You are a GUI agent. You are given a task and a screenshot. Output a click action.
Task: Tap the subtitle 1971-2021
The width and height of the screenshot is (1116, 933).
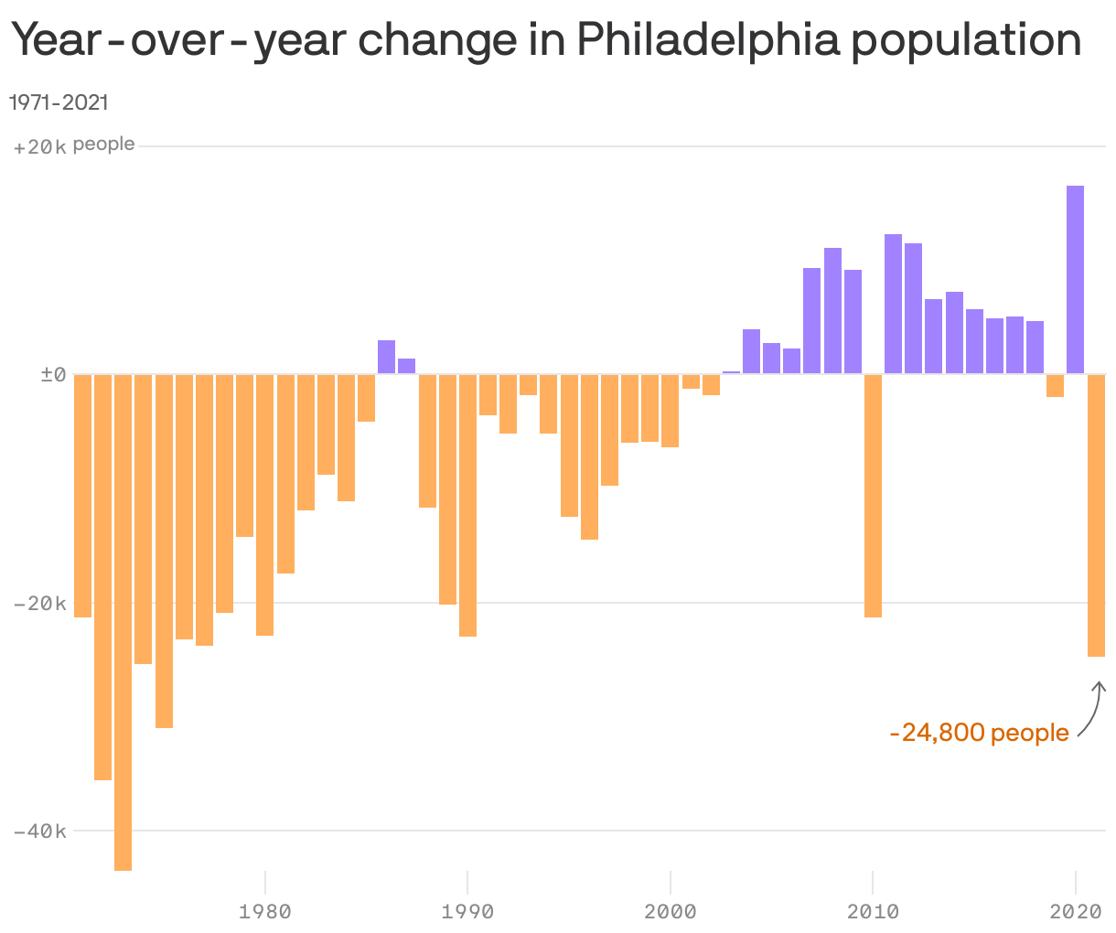[59, 102]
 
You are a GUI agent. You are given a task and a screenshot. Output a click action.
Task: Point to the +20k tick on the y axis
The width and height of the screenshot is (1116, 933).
[40, 146]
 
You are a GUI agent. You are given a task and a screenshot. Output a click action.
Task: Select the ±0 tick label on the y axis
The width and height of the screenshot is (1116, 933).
[53, 375]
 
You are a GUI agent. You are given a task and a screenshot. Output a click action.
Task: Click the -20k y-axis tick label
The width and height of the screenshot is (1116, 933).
[40, 604]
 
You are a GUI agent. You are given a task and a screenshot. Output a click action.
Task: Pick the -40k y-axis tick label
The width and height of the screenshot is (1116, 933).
[40, 831]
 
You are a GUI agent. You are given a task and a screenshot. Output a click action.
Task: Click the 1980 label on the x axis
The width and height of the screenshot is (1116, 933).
[264, 911]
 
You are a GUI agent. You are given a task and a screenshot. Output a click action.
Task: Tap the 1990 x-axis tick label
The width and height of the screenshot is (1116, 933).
[467, 911]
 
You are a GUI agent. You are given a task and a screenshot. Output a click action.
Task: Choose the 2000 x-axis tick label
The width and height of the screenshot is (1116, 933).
[671, 911]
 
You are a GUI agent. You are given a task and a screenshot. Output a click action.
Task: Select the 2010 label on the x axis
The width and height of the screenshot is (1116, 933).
[874, 911]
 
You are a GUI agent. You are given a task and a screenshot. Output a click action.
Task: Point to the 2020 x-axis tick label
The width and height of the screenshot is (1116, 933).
[1076, 911]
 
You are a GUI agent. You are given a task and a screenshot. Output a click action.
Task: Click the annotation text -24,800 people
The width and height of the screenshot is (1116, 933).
[979, 733]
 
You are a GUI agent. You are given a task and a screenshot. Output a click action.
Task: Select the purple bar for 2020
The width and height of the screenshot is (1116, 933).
[1076, 279]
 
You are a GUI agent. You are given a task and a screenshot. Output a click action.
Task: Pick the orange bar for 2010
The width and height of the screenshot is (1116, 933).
[874, 495]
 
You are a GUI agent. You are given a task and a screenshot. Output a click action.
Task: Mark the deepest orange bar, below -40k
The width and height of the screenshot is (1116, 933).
[123, 622]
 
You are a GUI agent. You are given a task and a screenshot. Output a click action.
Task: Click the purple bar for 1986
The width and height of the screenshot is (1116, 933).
[387, 357]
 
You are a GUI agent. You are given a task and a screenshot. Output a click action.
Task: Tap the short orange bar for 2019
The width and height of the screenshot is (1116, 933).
[1056, 385]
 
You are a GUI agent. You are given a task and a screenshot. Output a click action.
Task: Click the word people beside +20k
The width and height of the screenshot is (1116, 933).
[104, 145]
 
